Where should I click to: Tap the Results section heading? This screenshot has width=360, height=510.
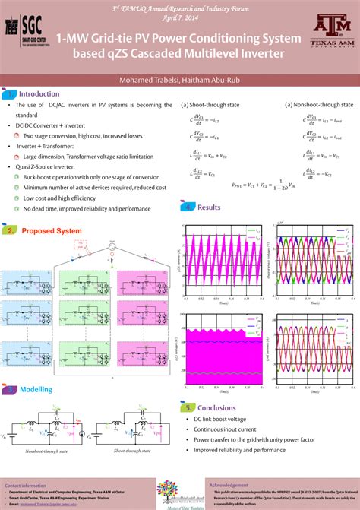tap(209, 207)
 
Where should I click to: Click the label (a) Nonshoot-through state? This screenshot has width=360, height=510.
tap(318, 105)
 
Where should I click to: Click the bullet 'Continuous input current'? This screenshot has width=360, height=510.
tap(226, 429)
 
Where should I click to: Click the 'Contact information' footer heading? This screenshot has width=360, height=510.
tap(26, 485)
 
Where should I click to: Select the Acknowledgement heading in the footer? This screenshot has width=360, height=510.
tap(229, 484)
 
